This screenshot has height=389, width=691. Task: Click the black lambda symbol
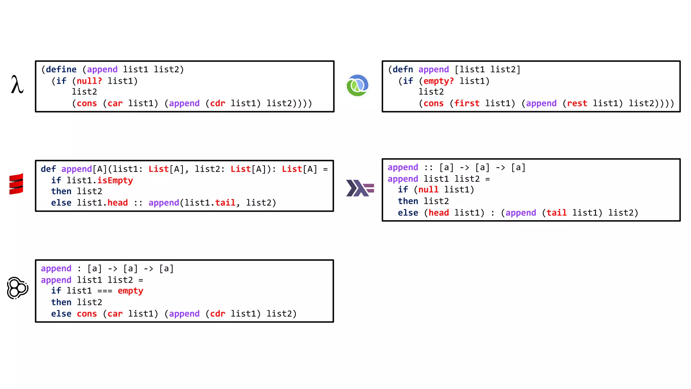point(17,85)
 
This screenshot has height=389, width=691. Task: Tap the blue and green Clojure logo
point(357,85)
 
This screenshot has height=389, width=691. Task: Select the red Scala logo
point(16,184)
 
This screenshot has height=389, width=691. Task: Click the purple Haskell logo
point(360,188)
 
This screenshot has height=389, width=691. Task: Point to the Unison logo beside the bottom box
point(17,288)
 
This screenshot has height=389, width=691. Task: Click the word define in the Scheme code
point(61,70)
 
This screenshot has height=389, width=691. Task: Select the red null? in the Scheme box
point(89,81)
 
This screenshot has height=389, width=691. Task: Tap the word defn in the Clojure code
point(403,70)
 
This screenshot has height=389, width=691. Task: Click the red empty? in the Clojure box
point(438,81)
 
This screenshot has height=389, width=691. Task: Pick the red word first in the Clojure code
point(467,103)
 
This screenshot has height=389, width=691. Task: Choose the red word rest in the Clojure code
point(577,103)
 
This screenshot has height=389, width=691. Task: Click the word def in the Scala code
point(48,169)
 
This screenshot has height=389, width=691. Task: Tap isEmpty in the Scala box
point(115,181)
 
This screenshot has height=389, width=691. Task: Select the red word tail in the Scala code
point(225,203)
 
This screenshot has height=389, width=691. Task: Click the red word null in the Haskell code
point(428,190)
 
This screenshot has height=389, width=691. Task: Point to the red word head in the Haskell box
point(439,213)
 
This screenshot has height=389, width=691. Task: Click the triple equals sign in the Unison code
point(105,291)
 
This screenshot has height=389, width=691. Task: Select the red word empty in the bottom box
point(130,291)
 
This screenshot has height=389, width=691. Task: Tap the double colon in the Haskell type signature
point(429,168)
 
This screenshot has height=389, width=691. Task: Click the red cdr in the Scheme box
point(217,103)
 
